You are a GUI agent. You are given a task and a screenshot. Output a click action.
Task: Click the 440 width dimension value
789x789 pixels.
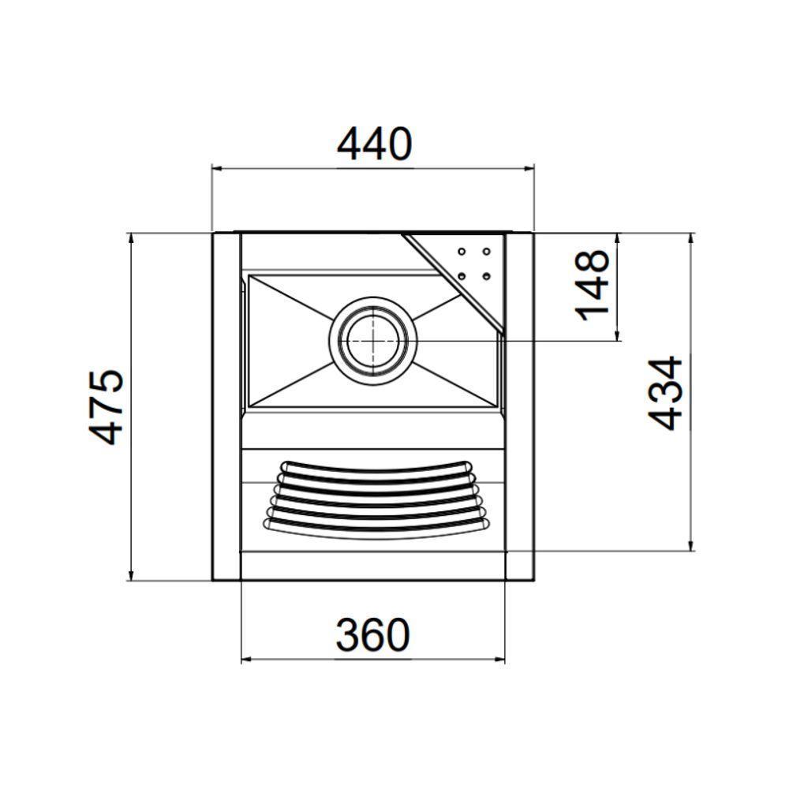(x=374, y=144)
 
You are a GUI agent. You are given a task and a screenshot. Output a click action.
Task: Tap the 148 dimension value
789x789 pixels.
(x=593, y=286)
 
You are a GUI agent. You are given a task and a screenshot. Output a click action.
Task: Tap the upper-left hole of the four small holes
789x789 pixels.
(x=460, y=252)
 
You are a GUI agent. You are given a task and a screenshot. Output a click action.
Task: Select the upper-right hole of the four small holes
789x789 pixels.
(x=487, y=252)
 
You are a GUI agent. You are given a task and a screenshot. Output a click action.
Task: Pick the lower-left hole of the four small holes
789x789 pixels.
(x=460, y=275)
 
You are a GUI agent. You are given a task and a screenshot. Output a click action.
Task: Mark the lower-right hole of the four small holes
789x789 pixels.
(x=487, y=275)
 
